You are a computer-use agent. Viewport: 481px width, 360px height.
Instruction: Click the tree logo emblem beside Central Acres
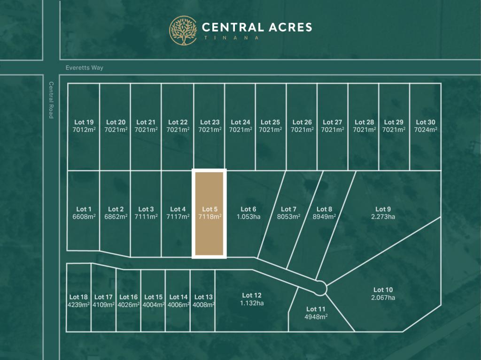[183, 31]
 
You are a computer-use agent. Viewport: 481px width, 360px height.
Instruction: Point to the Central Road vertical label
[51, 100]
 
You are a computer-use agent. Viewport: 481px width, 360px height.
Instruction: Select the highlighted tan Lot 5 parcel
[209, 213]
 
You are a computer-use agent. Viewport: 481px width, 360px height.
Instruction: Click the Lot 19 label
[84, 123]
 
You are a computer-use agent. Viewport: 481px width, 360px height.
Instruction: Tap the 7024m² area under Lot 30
[426, 130]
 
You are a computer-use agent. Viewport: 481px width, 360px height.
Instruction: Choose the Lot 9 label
[383, 209]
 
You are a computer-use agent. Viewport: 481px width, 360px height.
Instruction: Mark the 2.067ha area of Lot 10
[383, 298]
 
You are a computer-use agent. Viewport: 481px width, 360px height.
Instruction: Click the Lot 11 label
[316, 309]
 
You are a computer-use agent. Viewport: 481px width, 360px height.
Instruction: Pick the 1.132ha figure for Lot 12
[252, 303]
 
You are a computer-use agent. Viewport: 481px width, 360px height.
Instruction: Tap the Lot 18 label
[78, 297]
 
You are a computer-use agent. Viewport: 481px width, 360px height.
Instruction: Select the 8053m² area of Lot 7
[288, 217]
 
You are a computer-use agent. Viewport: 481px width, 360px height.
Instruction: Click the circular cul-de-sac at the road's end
[321, 287]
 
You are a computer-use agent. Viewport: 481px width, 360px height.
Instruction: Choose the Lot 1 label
[84, 209]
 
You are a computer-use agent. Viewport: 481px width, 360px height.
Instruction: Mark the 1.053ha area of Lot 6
[248, 217]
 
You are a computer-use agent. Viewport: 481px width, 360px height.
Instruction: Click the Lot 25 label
[270, 123]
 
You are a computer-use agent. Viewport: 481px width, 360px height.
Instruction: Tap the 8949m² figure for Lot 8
[325, 217]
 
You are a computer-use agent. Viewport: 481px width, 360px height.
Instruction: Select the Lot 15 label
[153, 297]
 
